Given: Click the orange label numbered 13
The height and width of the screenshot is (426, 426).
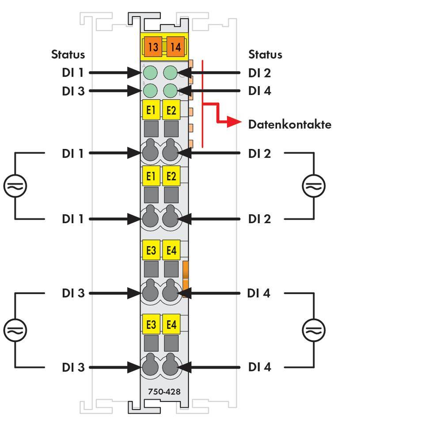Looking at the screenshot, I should pyautogui.click(x=153, y=46).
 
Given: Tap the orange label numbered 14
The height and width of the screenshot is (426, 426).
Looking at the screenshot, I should pyautogui.click(x=175, y=46).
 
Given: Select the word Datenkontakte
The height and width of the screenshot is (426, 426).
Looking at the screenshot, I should pyautogui.click(x=289, y=124).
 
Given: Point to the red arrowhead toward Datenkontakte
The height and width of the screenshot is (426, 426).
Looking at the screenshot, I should pyautogui.click(x=233, y=122).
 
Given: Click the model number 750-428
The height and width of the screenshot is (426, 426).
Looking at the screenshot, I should pyautogui.click(x=164, y=392).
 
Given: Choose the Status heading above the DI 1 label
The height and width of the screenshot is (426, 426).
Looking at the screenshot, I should pyautogui.click(x=68, y=54).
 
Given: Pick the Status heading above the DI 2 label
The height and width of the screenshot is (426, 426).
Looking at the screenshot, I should pyautogui.click(x=265, y=54).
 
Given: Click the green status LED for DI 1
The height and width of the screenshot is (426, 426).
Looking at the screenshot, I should pyautogui.click(x=151, y=72).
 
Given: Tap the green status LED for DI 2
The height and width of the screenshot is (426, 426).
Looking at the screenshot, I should pyautogui.click(x=171, y=72).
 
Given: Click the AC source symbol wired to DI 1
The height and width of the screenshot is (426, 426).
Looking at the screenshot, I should pyautogui.click(x=15, y=186).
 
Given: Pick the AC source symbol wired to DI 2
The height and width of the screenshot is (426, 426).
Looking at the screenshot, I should pyautogui.click(x=314, y=186).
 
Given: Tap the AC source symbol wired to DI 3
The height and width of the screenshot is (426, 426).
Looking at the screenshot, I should pyautogui.click(x=15, y=330).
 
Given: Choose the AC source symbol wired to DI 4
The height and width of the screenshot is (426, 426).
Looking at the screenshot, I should pyautogui.click(x=314, y=330).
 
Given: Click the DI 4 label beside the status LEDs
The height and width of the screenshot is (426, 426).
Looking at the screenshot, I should pyautogui.click(x=259, y=91).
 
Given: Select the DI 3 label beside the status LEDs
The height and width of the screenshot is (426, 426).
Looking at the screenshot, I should pyautogui.click(x=73, y=91).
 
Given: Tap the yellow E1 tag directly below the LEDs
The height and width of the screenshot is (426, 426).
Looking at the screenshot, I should pyautogui.click(x=151, y=110).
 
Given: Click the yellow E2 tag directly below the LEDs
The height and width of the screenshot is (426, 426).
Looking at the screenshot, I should pyautogui.click(x=171, y=110).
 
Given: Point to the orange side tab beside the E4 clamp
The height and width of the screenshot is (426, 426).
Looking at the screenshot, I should pyautogui.click(x=186, y=278).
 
